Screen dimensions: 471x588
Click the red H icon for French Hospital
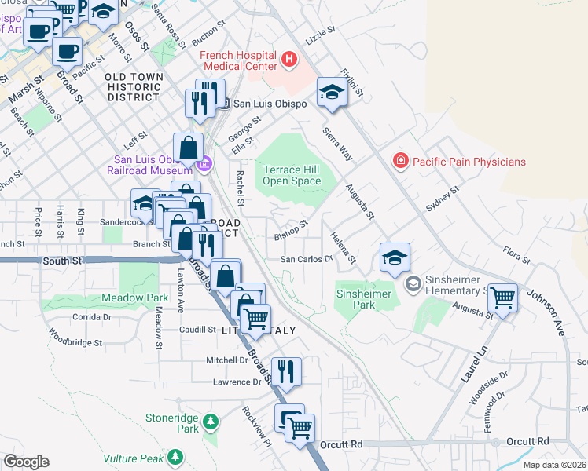(289, 59)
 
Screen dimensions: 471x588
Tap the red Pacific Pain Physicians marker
(401, 161)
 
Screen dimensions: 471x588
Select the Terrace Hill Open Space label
(292, 175)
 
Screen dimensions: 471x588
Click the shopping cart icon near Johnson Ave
(502, 298)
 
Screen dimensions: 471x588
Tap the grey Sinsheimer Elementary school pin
(412, 282)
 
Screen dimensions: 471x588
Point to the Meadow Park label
(134, 298)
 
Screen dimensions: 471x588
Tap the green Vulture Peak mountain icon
(176, 456)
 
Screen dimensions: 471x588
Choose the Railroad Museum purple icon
(205, 163)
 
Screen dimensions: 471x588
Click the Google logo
(26, 462)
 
